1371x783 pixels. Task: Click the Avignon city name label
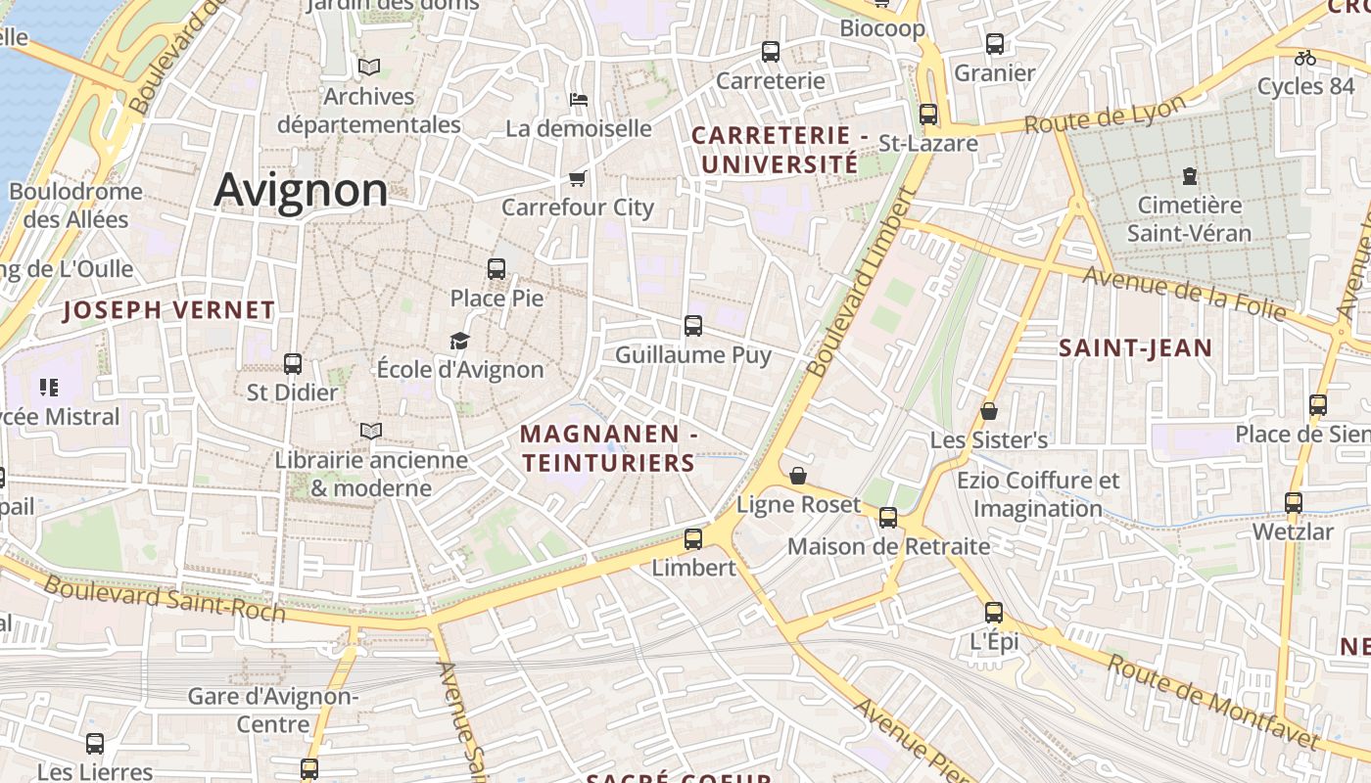[x=301, y=189]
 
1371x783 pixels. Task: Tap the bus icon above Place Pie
[x=496, y=268]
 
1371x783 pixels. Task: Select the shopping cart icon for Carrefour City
[x=577, y=178]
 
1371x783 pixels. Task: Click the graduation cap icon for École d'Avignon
[x=459, y=341]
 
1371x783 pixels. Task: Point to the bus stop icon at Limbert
[x=693, y=538]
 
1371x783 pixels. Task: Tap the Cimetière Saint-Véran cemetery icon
[x=1189, y=176]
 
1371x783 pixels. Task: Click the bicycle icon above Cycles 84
[x=1304, y=58]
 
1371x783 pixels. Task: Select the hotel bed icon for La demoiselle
[x=578, y=99]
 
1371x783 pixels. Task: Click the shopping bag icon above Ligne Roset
[x=798, y=476]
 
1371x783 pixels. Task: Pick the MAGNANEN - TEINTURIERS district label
[x=608, y=448]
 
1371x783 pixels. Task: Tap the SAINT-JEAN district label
[x=1135, y=347]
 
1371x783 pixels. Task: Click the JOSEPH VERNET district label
[x=168, y=310]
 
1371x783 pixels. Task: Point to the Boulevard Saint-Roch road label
[x=165, y=599]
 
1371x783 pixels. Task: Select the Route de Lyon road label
[x=1105, y=114]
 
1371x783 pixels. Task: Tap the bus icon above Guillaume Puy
[x=693, y=325]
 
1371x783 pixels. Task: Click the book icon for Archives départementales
[x=369, y=67]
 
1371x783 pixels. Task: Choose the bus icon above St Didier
[x=292, y=364]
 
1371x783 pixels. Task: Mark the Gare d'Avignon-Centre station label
[x=273, y=711]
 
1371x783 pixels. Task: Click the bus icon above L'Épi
[x=994, y=613]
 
